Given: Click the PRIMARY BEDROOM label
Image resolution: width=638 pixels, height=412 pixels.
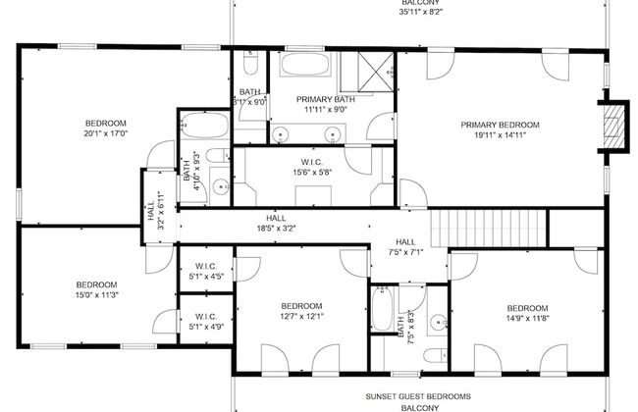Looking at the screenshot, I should (501, 125).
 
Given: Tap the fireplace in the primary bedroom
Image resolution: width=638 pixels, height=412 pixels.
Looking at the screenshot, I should (613, 126).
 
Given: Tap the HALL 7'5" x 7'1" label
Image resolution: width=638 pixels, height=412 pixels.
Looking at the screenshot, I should (405, 247).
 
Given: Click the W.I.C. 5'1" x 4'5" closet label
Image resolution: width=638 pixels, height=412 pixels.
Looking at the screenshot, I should (206, 271).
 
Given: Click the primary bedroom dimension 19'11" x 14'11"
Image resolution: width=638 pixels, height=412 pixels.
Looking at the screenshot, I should (501, 135).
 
